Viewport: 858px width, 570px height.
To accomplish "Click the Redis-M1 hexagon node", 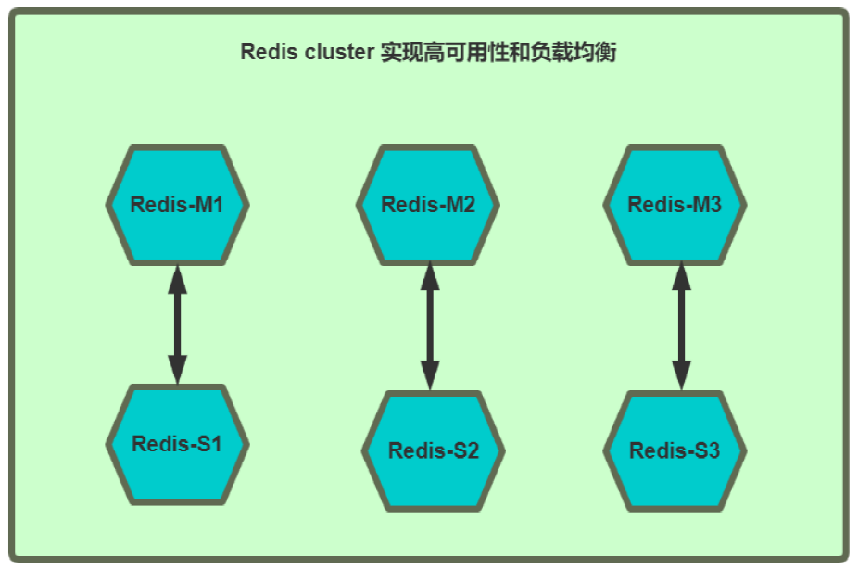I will coord(177,205).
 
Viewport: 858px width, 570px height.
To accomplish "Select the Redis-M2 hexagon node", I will coord(428,205).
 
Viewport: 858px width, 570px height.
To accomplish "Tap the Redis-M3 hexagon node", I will coord(675,205).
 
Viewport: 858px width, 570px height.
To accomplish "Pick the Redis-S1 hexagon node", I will coord(177,444).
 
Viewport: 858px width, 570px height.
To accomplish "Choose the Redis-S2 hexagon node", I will coord(433,451).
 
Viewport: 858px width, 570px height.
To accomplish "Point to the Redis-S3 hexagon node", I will coord(675,451).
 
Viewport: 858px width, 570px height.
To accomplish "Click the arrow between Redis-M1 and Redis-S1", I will coord(177,324).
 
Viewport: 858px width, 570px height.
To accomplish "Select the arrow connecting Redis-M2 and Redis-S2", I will coord(430,326).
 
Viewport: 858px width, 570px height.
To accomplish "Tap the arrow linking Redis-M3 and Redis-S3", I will coord(682,326).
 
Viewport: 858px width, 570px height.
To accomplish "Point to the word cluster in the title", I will coord(339,53).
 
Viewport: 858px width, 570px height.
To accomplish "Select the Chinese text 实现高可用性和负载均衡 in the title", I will coord(498,53).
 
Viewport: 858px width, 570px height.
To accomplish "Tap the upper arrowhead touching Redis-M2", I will coord(430,278).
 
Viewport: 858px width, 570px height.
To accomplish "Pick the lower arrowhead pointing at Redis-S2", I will coord(430,375).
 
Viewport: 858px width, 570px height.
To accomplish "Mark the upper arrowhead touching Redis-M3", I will coord(682,278).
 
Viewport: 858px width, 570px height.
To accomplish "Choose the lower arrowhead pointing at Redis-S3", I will coord(682,375).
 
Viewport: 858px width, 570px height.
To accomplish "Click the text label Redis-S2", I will coord(433,451).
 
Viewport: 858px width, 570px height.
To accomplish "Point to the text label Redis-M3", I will coord(675,205).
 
